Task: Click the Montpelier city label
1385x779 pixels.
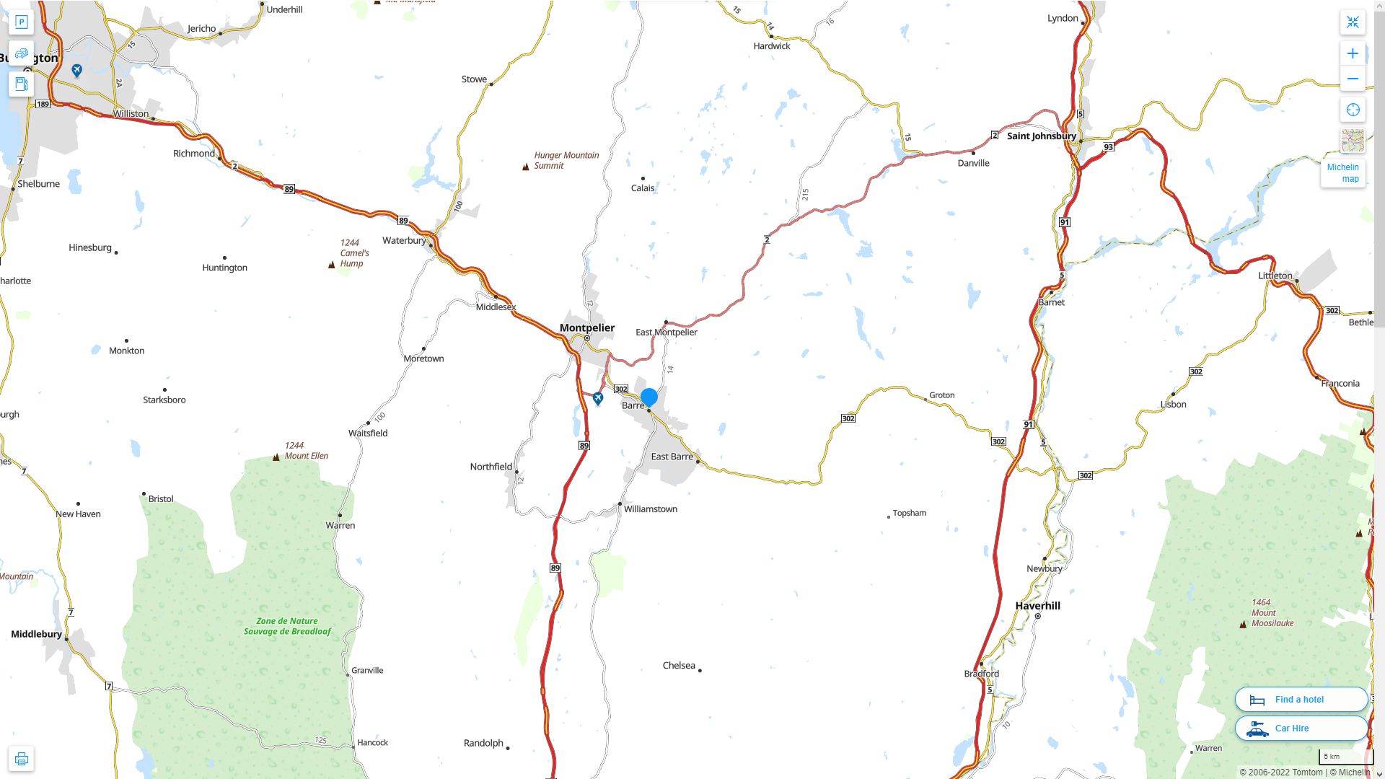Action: tap(587, 328)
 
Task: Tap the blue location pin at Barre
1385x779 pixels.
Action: tap(649, 397)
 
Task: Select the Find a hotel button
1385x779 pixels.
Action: tap(1301, 700)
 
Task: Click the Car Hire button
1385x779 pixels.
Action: tap(1301, 729)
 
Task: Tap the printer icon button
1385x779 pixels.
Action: tap(22, 759)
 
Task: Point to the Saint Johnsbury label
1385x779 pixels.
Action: tap(1041, 136)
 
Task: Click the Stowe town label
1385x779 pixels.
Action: tap(474, 79)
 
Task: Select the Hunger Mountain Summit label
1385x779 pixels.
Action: tap(566, 160)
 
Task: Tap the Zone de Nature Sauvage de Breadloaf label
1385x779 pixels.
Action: tap(287, 626)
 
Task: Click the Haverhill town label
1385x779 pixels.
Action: tap(1037, 606)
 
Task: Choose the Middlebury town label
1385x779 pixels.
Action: tap(36, 634)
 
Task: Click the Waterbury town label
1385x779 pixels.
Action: tap(403, 241)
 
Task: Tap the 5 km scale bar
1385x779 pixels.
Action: tap(1345, 757)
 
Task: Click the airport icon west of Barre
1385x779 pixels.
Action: tap(598, 398)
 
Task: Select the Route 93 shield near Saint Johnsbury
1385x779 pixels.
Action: tap(1109, 147)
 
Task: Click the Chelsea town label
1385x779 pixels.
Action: tap(679, 666)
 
